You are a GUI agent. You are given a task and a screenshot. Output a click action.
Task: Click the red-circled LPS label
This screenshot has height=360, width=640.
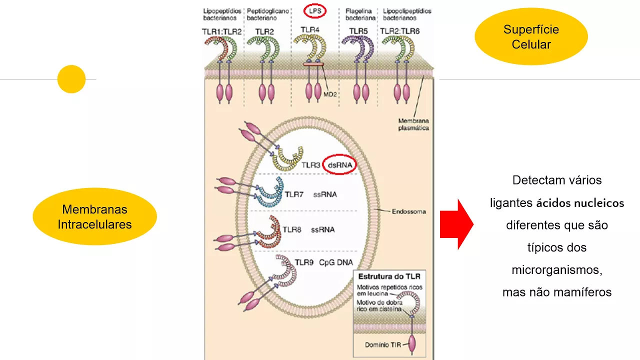(x=314, y=11)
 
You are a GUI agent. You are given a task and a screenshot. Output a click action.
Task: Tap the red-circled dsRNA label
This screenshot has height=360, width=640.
(x=339, y=164)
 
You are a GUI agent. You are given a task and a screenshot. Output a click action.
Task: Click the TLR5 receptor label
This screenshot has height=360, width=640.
(x=358, y=31)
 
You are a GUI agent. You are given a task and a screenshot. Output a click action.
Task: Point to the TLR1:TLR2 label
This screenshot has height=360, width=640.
(x=222, y=31)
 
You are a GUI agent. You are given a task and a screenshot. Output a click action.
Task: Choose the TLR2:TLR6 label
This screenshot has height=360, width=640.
(x=400, y=31)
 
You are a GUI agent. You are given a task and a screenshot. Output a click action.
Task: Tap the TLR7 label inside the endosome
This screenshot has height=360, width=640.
(x=294, y=194)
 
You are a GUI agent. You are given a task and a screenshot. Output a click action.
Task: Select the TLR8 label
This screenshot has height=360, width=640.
(x=292, y=230)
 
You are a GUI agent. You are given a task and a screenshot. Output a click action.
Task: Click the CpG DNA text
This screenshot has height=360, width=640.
(x=336, y=262)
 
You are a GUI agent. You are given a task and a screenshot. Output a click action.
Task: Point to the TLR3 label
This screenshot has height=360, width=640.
(x=310, y=164)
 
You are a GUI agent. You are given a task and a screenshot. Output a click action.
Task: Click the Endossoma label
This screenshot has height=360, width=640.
(x=409, y=211)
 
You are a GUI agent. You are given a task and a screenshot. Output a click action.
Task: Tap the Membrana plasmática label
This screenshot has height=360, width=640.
(x=413, y=124)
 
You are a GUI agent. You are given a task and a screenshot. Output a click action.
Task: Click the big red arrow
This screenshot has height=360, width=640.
(x=456, y=223)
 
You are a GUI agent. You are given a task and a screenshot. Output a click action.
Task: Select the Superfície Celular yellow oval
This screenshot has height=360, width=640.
(x=531, y=37)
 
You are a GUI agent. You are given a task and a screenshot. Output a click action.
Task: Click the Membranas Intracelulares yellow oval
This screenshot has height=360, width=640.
(x=94, y=216)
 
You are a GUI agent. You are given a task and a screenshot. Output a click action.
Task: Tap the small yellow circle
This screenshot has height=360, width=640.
(x=71, y=79)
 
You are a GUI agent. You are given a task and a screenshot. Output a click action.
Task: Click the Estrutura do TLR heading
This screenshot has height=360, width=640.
(x=388, y=276)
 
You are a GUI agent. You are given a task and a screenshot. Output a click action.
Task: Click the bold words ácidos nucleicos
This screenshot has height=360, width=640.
(x=580, y=203)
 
